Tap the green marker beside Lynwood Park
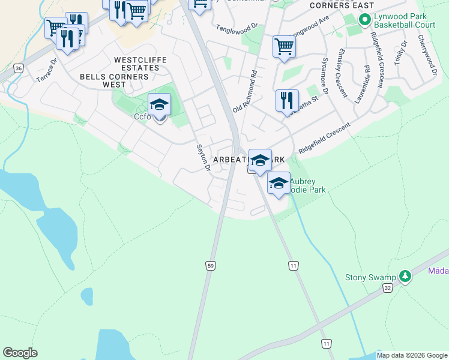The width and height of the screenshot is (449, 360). coord(364,20)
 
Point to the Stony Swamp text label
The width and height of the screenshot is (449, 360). coord(370,277)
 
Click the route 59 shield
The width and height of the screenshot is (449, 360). coord(210,265)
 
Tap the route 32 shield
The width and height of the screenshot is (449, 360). coord(388,289)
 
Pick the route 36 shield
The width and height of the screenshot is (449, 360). coord(19,69)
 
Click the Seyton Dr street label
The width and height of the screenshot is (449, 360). coord(203,157)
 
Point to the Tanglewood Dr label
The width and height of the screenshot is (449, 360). coord(237,28)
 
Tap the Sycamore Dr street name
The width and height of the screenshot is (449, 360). coord(325,76)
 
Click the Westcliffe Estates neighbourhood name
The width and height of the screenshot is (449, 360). coord(137,64)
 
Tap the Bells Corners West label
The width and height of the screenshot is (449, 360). coord(115,80)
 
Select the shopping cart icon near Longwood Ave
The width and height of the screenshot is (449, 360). coord(283,47)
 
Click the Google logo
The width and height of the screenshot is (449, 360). coord(20,353)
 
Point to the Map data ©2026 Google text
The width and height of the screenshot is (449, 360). coord(411,355)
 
